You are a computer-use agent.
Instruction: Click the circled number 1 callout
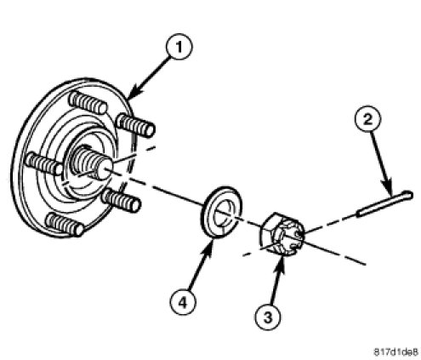pos(179,46)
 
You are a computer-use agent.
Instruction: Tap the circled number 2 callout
pos(367,119)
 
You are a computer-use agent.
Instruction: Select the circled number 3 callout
pos(268,317)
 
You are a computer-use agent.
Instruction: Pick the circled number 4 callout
pos(183,302)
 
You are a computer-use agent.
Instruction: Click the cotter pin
pos(384,203)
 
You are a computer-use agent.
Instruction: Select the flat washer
pos(222,212)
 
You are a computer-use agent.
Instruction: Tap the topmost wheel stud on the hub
pos(88,103)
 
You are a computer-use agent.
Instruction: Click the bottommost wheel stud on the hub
pos(65,225)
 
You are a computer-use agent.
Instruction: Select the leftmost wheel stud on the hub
pos(43,163)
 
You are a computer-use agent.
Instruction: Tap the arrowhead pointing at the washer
pos(209,246)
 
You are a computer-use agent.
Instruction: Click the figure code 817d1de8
pos(396,352)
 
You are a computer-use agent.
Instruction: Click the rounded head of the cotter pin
pos(408,195)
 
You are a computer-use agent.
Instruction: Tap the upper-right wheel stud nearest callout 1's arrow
pos(136,125)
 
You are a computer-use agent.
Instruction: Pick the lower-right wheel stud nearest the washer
pos(121,200)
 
